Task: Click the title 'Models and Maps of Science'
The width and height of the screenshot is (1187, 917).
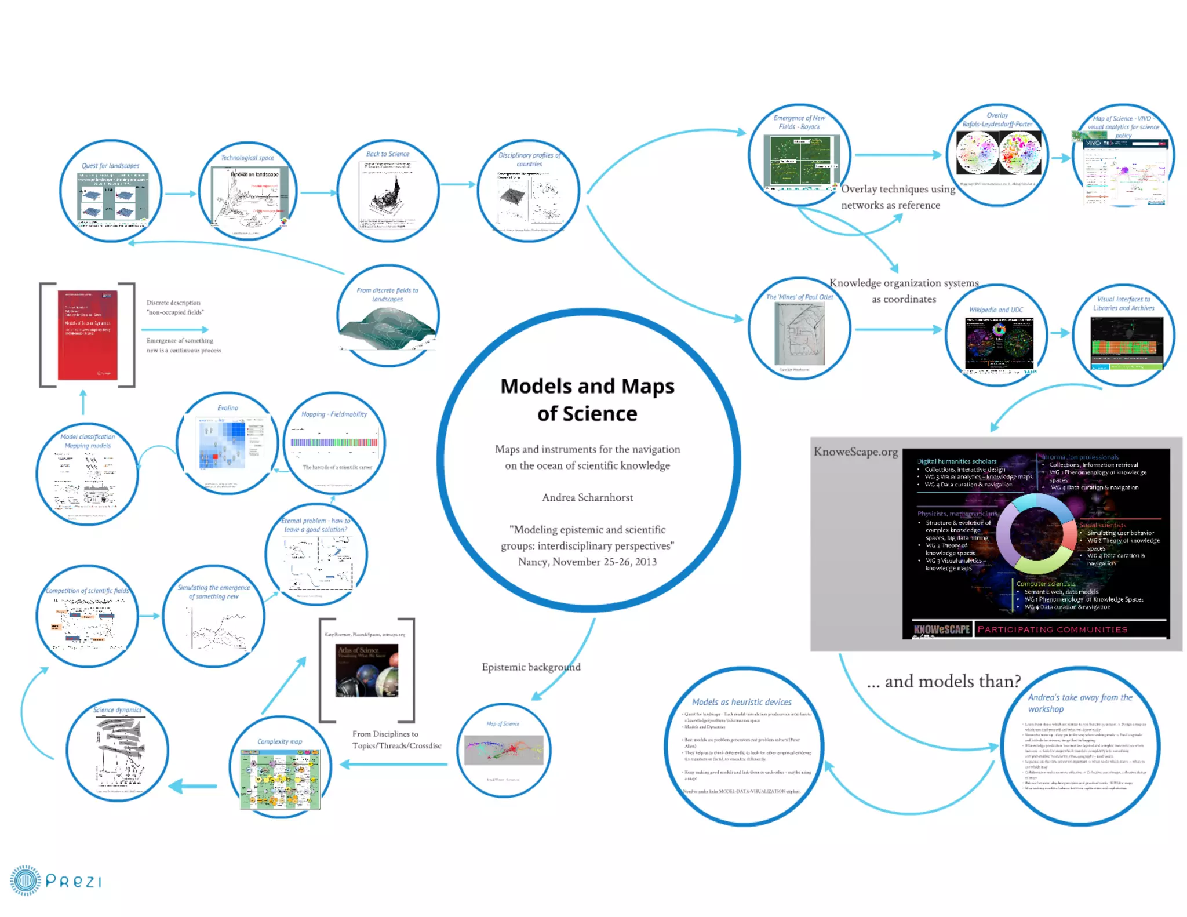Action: click(587, 399)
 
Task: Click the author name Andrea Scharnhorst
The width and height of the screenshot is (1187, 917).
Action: click(587, 497)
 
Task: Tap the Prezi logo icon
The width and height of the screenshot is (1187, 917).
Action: click(26, 880)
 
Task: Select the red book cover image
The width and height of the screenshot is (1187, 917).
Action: click(88, 335)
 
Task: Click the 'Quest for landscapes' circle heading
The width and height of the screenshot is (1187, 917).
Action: click(110, 166)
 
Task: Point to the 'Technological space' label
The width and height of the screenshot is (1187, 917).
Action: click(247, 158)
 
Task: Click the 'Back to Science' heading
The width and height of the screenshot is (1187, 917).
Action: click(388, 154)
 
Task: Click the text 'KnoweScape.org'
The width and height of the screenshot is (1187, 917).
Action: click(855, 452)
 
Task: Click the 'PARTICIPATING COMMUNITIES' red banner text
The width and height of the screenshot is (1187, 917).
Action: click(1053, 629)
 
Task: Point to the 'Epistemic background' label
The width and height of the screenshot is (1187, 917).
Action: click(531, 667)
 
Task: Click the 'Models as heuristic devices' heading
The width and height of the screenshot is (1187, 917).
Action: click(741, 702)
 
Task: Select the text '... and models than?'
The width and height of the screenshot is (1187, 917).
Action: click(944, 681)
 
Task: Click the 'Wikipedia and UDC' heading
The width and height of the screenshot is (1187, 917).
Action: click(996, 310)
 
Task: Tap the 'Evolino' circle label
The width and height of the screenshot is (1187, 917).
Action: click(228, 408)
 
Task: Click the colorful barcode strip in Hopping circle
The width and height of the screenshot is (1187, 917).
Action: click(334, 443)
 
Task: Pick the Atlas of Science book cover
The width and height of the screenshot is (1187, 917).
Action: click(367, 670)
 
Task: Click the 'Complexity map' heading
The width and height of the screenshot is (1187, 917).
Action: click(280, 741)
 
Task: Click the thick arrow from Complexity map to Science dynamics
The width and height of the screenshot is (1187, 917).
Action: click(193, 786)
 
